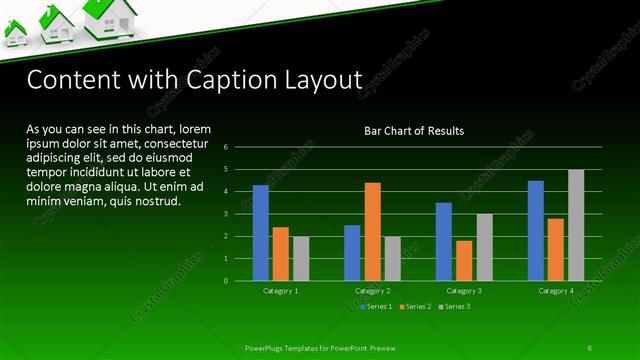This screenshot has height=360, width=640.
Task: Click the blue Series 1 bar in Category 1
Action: click(260, 233)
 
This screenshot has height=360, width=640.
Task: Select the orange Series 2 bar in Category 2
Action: click(372, 232)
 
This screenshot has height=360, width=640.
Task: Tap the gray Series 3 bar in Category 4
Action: click(575, 225)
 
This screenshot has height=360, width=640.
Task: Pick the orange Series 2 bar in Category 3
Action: click(463, 260)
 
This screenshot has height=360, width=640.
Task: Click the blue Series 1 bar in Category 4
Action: click(535, 231)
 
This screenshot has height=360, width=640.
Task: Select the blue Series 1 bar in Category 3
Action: click(443, 242)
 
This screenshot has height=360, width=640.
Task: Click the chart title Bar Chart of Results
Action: click(413, 131)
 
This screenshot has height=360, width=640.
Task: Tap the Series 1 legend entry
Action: click(376, 305)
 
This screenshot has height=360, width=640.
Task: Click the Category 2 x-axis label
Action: click(372, 290)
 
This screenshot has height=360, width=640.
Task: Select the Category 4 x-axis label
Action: click(555, 290)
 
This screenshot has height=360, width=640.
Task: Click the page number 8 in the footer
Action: click(589, 347)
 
